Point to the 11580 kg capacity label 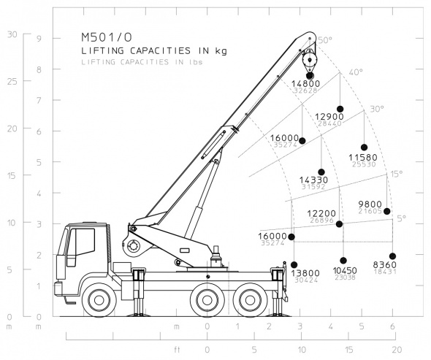[x=363, y=157]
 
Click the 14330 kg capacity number [x=313, y=180]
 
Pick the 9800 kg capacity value [x=370, y=204]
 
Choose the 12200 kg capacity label [x=321, y=213]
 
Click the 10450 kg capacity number [x=344, y=270]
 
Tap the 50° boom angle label [x=324, y=41]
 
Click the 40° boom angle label [x=356, y=72]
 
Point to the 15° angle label [x=395, y=174]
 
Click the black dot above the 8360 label [x=393, y=256]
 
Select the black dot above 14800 [x=310, y=75]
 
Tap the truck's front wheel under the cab [x=98, y=299]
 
